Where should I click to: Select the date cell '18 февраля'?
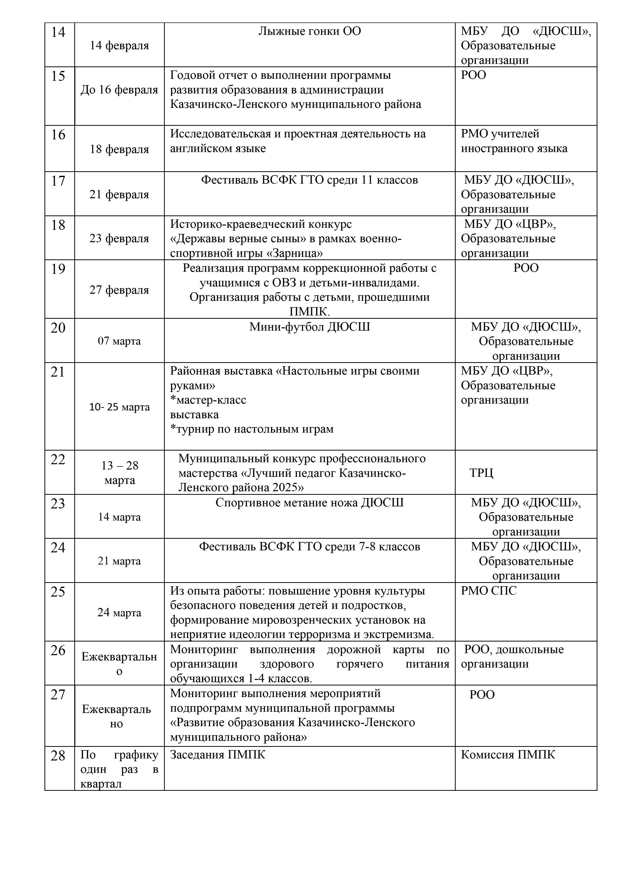click(119, 149)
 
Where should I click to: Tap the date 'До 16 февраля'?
click(119, 89)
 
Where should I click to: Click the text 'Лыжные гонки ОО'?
click(309, 31)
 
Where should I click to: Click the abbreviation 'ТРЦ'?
click(481, 473)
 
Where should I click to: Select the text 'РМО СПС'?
click(489, 591)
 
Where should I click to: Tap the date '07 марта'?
click(119, 341)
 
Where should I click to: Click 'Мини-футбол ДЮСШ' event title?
click(309, 327)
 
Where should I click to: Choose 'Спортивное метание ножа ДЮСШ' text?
click(309, 502)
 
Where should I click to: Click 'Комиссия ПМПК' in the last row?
click(508, 755)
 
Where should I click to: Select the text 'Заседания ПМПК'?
click(218, 755)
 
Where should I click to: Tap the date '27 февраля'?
click(119, 290)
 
